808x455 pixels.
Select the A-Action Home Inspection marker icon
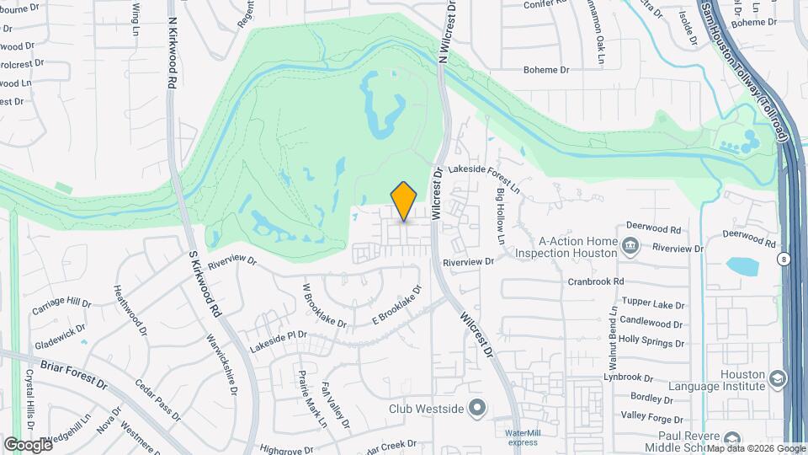click(x=630, y=246)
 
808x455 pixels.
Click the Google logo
click(x=28, y=444)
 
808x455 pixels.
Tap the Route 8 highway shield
click(x=784, y=259)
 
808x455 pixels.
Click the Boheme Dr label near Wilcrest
click(x=547, y=70)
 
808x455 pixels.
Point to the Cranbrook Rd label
click(x=595, y=281)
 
